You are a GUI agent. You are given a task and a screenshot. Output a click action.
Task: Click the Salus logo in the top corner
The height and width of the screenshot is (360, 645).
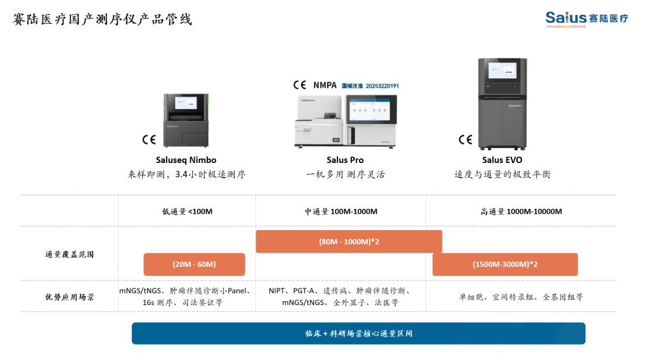586,19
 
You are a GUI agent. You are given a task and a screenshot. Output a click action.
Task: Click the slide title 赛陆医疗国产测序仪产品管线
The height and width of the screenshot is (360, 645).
103,20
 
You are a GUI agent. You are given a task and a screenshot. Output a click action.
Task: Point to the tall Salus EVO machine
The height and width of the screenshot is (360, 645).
502,104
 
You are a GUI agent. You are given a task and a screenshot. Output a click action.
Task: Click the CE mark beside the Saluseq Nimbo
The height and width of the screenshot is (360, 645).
149,140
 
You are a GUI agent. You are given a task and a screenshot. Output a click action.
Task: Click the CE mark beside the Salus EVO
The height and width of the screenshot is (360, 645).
465,140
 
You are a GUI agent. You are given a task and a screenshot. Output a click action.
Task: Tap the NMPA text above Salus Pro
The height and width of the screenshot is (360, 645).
325,85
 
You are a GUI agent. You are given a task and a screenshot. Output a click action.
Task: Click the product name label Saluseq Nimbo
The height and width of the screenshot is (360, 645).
186,160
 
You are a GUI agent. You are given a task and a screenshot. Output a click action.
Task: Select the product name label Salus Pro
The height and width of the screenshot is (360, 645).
345,160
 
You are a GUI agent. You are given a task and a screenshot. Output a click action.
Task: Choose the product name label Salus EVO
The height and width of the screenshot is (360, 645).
502,160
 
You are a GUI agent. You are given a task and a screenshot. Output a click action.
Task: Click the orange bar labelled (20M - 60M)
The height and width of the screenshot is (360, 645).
194,264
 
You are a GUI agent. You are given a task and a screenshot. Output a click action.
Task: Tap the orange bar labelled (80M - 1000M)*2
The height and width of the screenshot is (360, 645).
349,242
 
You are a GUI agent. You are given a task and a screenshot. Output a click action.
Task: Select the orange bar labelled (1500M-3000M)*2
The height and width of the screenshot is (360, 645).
505,264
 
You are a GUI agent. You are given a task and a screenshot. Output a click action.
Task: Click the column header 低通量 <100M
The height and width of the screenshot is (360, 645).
187,211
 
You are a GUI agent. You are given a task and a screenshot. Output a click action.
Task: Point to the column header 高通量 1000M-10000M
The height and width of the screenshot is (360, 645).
521,211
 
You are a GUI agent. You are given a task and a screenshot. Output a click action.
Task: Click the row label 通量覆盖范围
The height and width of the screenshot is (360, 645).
69,254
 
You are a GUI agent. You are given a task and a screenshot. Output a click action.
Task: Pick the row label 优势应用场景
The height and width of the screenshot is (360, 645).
69,297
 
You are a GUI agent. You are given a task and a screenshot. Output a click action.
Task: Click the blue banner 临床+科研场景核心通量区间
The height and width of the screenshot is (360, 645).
358,334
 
